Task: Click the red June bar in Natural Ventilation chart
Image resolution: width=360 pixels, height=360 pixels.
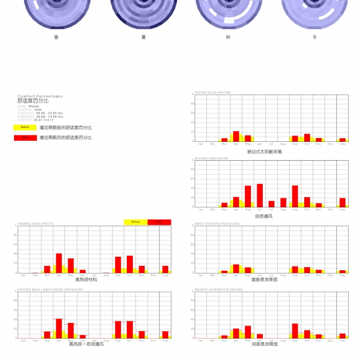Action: pos(260,196)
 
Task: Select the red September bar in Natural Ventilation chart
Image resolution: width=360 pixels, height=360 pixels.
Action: pos(295,197)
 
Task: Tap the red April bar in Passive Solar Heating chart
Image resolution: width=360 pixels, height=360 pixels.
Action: pos(236,136)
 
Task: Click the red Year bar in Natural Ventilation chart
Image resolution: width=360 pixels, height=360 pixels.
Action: pos(342,203)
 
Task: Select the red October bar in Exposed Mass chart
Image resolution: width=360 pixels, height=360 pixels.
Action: pos(129,329)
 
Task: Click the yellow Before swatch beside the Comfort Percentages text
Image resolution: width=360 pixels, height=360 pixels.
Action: pos(25,127)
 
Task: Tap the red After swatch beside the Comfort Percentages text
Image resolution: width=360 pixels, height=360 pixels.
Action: pos(25,138)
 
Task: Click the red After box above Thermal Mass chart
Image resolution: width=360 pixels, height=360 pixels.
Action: pos(160,222)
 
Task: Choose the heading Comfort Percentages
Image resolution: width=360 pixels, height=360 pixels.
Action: pos(40,96)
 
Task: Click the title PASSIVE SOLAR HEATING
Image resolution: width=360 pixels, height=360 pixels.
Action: pos(212,92)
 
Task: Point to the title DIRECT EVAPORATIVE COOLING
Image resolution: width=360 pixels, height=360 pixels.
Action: pos(217,224)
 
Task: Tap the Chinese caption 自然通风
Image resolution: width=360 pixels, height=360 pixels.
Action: pos(264,216)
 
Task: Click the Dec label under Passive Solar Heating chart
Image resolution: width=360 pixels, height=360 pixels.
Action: pos(330,144)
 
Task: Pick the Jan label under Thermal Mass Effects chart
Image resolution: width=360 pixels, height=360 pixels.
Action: pos(23,275)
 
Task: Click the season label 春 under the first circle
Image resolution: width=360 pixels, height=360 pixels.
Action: pos(57,37)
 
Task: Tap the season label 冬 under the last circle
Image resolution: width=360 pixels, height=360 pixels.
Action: pos(315,37)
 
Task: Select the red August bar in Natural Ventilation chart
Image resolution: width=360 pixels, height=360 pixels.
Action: pos(283,203)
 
